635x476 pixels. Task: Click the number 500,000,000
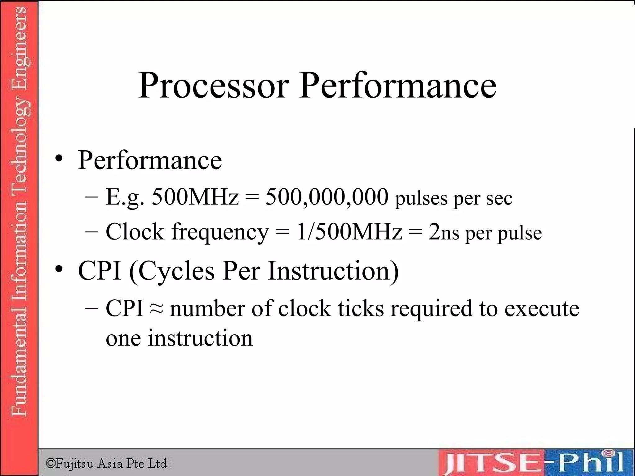(327, 197)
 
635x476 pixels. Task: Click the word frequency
(220, 232)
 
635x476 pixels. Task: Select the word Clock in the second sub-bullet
(135, 232)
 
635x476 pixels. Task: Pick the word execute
(542, 309)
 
